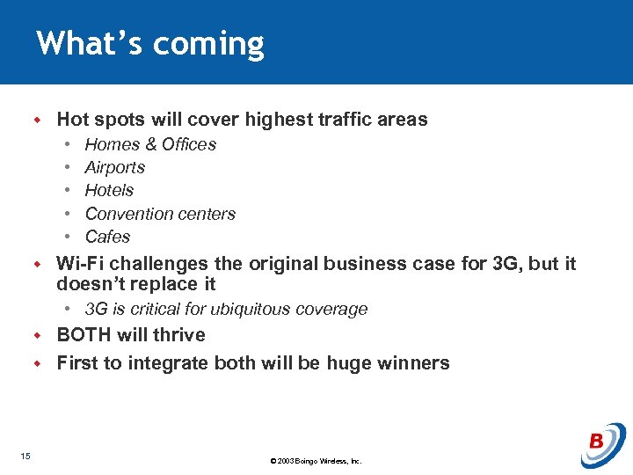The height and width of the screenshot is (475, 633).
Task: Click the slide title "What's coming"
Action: [x=150, y=43]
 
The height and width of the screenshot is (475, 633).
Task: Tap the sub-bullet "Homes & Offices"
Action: [x=150, y=144]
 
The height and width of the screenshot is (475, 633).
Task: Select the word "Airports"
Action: [x=114, y=167]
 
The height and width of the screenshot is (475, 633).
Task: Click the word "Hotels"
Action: [x=109, y=190]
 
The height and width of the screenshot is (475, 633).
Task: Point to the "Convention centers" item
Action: [x=160, y=214]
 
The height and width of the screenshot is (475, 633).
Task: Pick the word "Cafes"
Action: [x=107, y=237]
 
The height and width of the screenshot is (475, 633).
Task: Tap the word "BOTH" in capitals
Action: [x=85, y=335]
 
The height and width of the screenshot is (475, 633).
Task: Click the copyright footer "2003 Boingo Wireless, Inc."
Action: [x=316, y=461]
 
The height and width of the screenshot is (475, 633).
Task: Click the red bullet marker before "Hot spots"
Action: [x=38, y=120]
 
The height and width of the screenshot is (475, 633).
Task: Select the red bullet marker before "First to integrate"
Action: [x=38, y=363]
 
